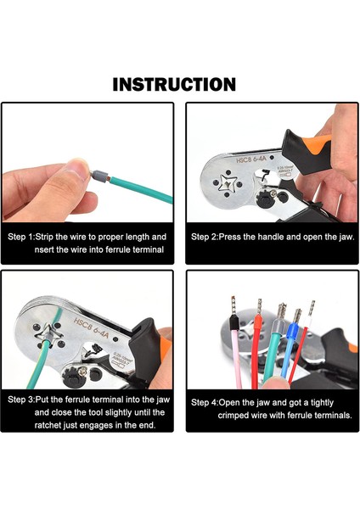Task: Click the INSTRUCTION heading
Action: pos(174,84)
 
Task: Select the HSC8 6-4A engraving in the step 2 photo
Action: pos(251,159)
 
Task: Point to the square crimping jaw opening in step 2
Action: pos(228,183)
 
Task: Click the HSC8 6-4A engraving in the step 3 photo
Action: pos(92,328)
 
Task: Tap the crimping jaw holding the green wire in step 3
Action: pos(48,335)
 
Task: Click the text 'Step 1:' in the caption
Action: pos(20,237)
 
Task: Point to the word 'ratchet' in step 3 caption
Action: pos(48,425)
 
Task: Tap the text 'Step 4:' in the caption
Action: pos(204,402)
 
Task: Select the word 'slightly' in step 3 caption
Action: pos(114,412)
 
